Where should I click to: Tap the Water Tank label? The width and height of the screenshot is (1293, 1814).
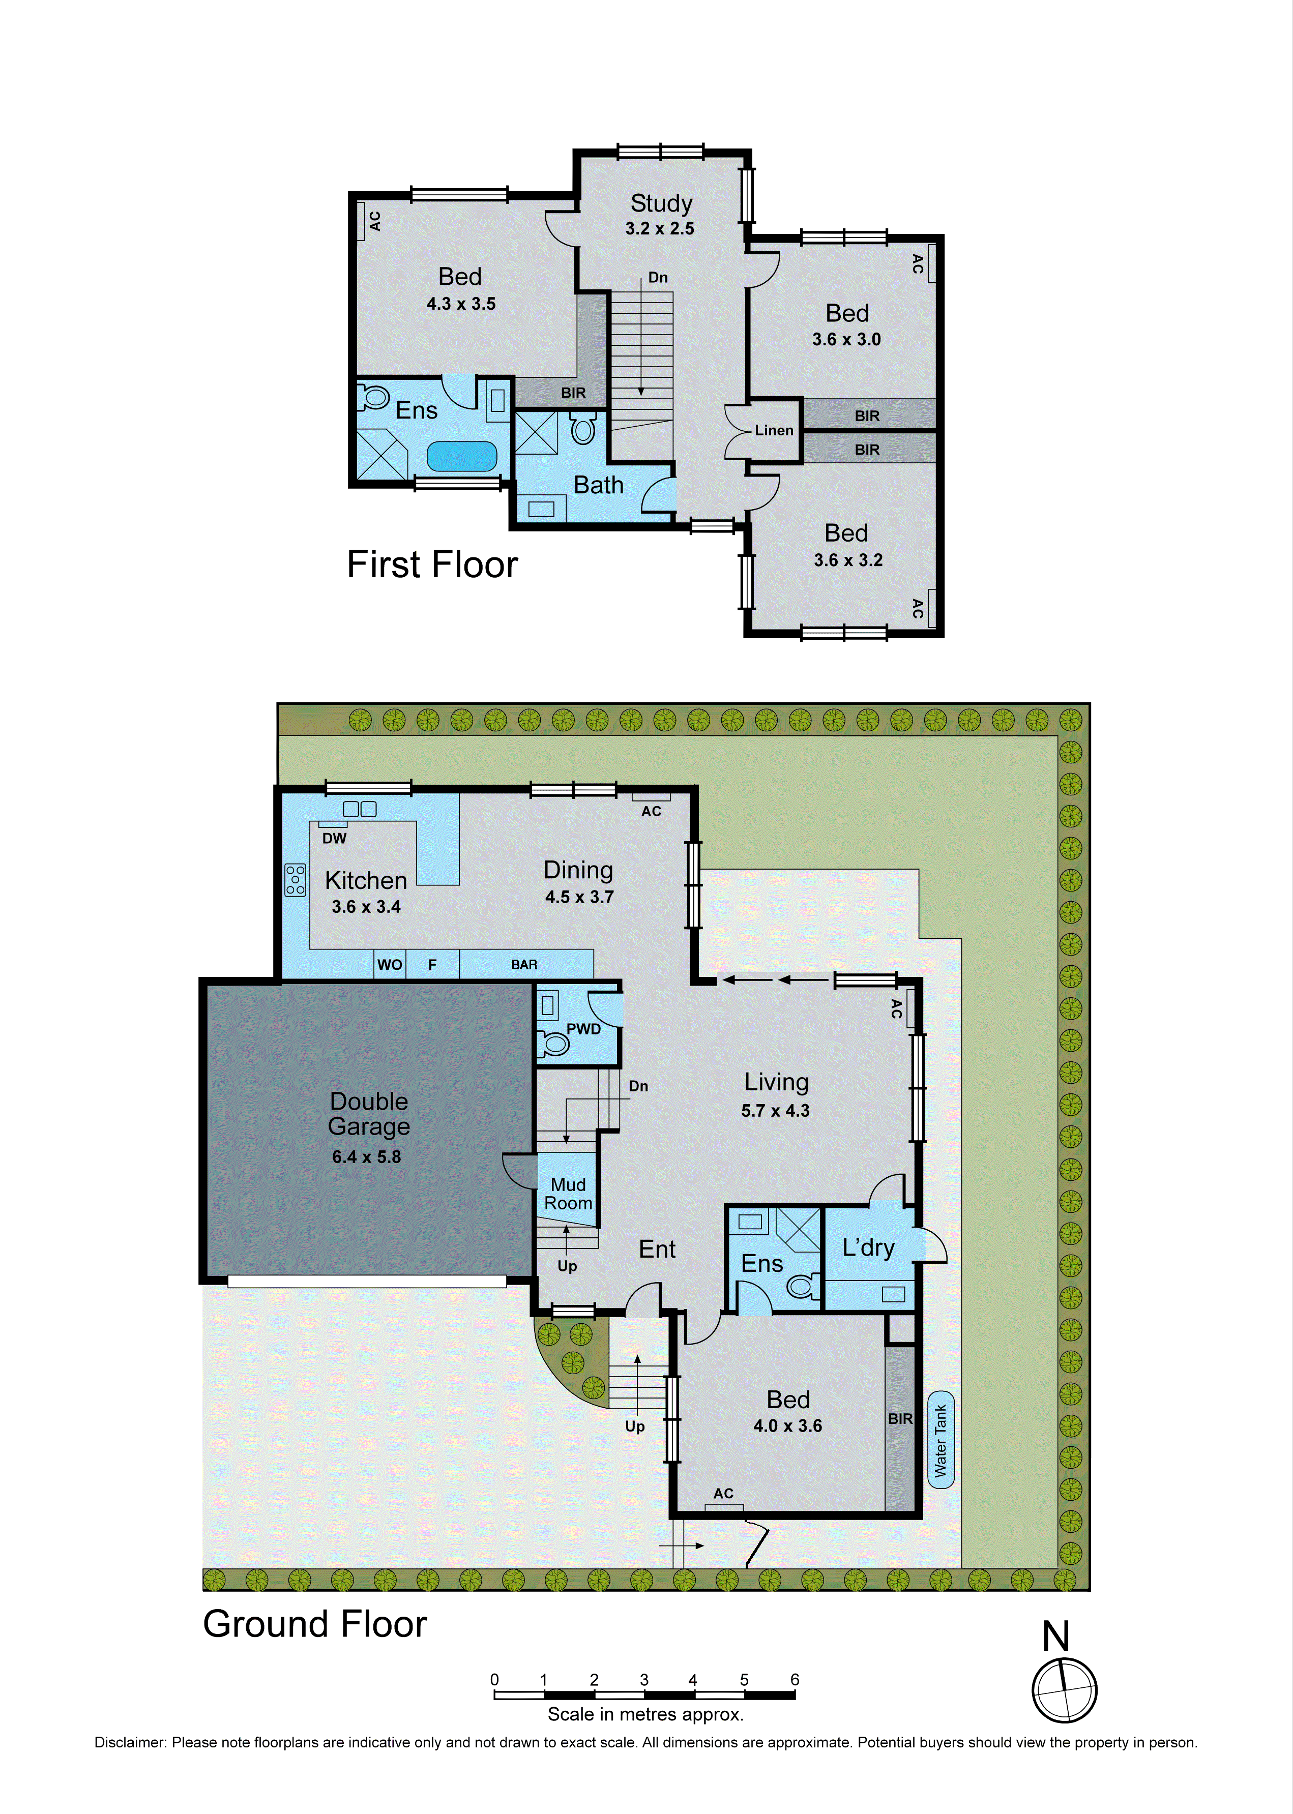[941, 1441]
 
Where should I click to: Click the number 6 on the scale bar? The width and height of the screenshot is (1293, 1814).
[794, 1679]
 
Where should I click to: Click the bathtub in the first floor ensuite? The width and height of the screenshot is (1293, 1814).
[462, 457]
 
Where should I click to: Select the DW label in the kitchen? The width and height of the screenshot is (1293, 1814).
[334, 838]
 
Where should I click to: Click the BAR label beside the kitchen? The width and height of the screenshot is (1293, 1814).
[524, 965]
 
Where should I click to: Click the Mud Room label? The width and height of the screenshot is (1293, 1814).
[568, 1194]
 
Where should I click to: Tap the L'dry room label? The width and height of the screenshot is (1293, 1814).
[868, 1247]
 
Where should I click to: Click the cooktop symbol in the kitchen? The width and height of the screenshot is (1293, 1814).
[296, 880]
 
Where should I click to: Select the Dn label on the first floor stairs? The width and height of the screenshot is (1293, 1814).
[658, 278]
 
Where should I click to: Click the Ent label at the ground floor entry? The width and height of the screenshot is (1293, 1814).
[657, 1250]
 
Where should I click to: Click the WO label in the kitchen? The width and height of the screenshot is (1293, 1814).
[389, 965]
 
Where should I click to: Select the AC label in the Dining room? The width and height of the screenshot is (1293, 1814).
[651, 811]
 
